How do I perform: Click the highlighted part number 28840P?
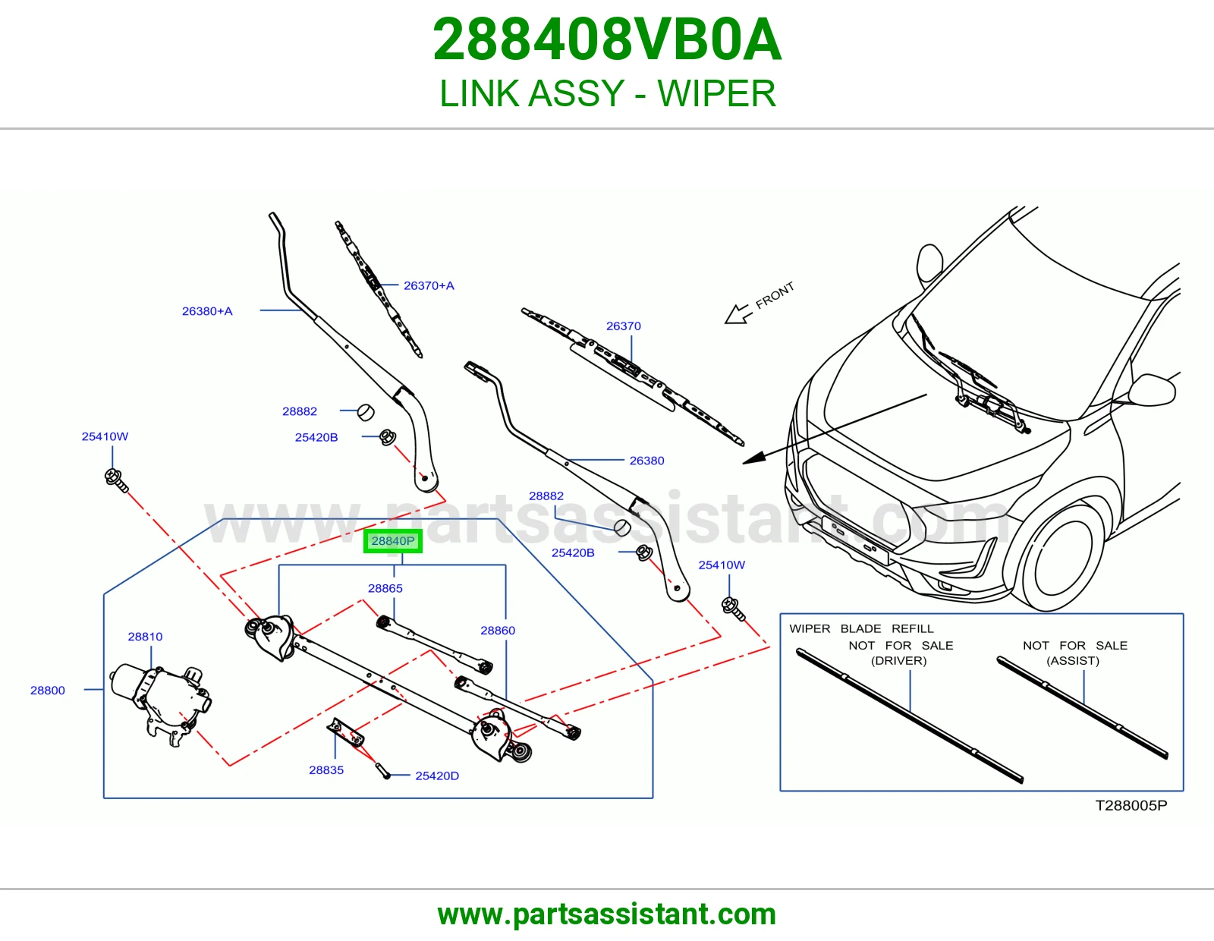click(393, 541)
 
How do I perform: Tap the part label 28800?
click(48, 690)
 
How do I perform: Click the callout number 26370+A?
click(429, 285)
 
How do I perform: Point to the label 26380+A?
click(206, 311)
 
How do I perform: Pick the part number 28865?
click(385, 588)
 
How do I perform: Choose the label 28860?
click(498, 631)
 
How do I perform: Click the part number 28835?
click(326, 770)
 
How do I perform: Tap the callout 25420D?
click(437, 776)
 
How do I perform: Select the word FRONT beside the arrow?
click(775, 296)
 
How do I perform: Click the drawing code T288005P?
click(1131, 805)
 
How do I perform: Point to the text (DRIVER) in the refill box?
click(898, 660)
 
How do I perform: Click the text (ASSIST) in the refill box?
click(1073, 660)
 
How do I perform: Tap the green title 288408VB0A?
click(607, 39)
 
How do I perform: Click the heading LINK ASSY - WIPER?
click(607, 93)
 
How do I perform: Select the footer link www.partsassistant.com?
click(607, 914)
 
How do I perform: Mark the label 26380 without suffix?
click(647, 461)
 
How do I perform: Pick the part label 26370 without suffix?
click(624, 326)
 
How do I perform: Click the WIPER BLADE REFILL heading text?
click(861, 628)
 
